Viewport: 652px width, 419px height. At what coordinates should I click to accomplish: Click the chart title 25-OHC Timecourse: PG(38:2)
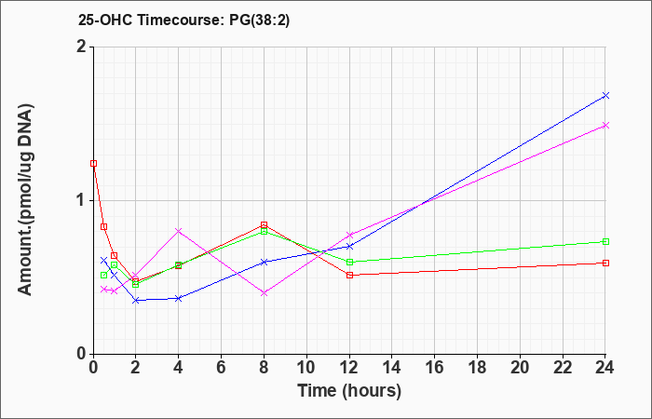point(183,20)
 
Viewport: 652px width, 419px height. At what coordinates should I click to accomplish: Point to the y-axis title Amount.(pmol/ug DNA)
point(26,199)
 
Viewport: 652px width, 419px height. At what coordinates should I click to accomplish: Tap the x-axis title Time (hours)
point(349,391)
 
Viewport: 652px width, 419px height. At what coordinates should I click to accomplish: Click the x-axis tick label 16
point(435,368)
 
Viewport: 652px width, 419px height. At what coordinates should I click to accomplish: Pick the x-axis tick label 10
point(306,368)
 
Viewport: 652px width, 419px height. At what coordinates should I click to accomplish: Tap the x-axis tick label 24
point(605,368)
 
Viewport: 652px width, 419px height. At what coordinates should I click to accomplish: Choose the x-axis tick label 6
point(222,368)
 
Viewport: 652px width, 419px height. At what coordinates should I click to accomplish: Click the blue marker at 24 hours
point(605,96)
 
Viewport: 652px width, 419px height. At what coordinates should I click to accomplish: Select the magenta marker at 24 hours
point(605,125)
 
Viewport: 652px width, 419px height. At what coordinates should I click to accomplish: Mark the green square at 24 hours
point(605,241)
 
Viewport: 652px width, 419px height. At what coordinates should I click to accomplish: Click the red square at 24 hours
point(605,263)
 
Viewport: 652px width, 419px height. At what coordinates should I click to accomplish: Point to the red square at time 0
point(93,163)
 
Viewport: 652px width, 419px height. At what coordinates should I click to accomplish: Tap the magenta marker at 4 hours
point(179,231)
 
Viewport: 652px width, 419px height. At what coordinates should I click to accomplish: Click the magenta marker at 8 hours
point(264,293)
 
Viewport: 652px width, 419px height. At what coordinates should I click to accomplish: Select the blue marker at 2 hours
point(136,300)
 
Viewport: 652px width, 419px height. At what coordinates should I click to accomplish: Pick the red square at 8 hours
point(264,225)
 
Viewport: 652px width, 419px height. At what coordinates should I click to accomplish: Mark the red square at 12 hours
point(349,275)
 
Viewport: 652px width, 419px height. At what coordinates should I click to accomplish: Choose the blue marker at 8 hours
point(264,262)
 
